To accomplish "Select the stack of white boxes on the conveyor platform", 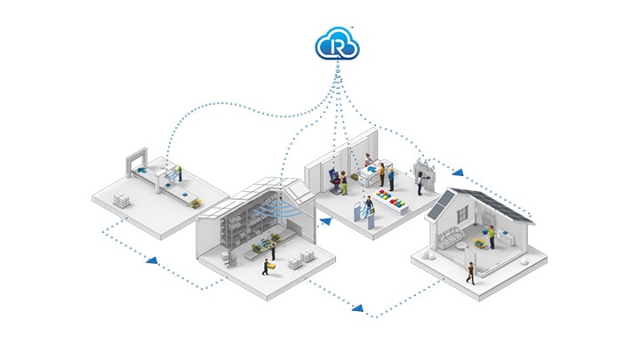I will click(x=123, y=197).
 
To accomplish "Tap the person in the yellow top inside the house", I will click(x=490, y=236).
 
